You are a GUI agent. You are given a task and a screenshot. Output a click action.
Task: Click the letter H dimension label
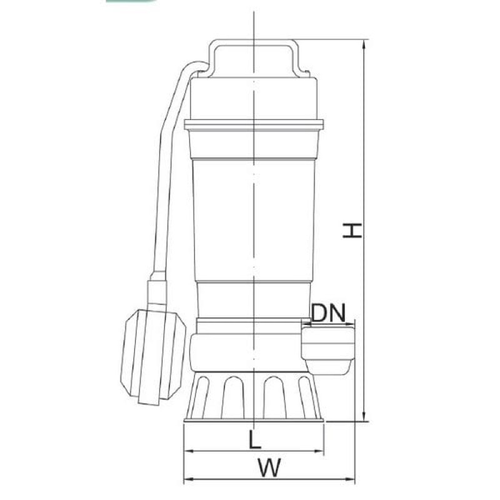click(352, 231)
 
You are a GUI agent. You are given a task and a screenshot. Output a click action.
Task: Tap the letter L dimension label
click(255, 440)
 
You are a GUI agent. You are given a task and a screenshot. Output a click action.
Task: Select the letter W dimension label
click(269, 468)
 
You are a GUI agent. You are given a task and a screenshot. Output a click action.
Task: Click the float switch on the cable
click(153, 356)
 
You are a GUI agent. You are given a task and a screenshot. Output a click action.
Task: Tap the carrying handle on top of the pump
click(254, 57)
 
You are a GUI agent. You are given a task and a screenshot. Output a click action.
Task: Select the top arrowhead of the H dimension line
click(364, 44)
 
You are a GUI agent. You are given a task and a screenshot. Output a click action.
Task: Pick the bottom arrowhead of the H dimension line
click(364, 416)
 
